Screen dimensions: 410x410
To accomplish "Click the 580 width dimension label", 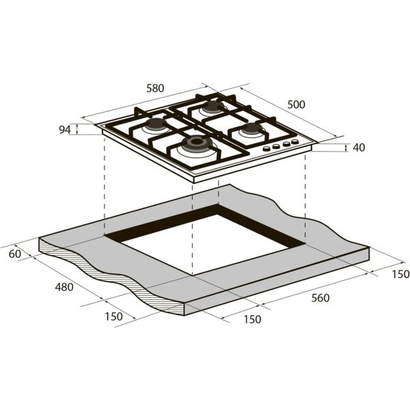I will [x=156, y=88].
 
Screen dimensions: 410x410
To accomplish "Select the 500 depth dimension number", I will [x=295, y=104].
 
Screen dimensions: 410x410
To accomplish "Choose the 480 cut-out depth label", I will [x=64, y=287].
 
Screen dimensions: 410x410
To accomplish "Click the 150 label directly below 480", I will [x=113, y=316].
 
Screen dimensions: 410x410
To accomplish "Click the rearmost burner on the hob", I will [x=213, y=107].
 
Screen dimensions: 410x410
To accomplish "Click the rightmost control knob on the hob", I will [x=295, y=142].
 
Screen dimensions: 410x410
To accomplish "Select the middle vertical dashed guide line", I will [x=193, y=225].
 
